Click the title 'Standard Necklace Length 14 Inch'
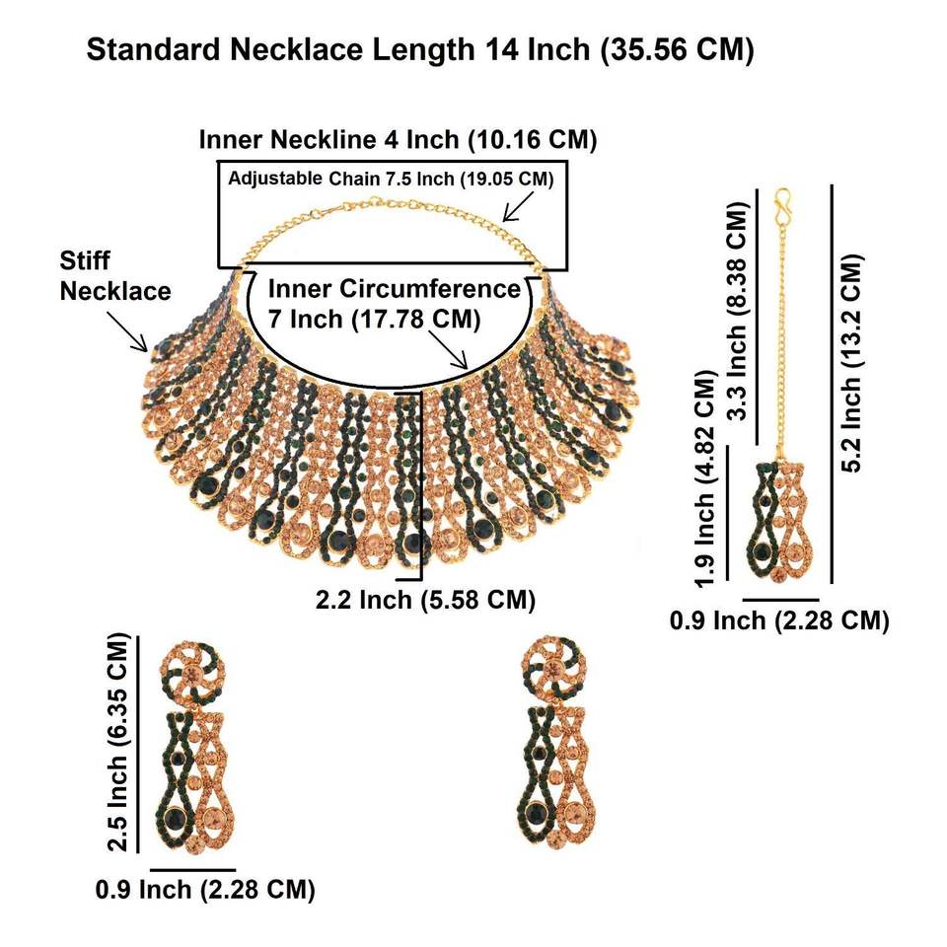(420, 51)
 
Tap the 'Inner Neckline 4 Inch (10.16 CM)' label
(399, 139)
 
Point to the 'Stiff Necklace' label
(114, 277)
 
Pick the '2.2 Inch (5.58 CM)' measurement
(426, 600)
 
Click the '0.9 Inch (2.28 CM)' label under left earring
(205, 890)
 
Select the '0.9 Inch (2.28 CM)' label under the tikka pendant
(779, 620)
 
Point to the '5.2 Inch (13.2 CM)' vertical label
(853, 363)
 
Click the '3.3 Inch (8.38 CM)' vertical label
(736, 312)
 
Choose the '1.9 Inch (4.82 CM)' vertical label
(705, 480)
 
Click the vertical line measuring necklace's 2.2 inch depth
(422, 483)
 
